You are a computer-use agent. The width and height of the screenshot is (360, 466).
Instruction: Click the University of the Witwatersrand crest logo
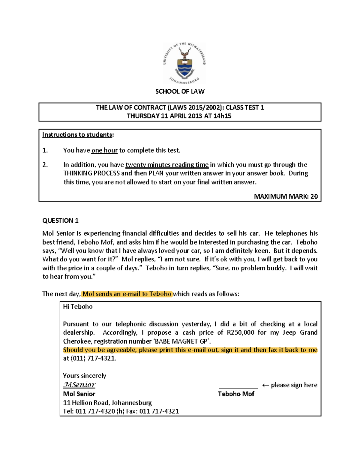point(184,63)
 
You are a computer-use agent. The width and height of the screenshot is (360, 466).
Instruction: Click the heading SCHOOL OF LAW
point(180,92)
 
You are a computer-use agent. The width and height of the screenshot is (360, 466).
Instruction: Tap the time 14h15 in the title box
point(222,116)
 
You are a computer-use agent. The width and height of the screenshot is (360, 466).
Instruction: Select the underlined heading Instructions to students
point(78,135)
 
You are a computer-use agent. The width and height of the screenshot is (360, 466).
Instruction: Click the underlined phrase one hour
point(104,150)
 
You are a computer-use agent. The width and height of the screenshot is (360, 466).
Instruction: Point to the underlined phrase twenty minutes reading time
point(167,165)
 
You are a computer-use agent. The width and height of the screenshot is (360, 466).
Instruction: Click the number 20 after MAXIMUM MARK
point(314,197)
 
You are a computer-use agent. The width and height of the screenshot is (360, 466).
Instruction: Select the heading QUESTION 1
point(60,221)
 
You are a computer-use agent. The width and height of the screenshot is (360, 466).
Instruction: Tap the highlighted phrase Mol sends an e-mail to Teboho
point(127,294)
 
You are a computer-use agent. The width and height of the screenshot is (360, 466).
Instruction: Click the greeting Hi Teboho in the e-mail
point(78,307)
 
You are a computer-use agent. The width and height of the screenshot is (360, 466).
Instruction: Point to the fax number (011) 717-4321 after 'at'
point(93,358)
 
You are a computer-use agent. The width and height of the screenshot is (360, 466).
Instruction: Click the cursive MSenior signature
point(79,385)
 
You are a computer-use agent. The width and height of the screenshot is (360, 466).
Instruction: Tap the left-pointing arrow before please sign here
point(265,385)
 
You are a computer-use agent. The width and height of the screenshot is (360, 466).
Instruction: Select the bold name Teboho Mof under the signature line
point(236,394)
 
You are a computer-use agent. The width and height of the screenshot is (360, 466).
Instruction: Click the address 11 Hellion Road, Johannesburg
point(107,403)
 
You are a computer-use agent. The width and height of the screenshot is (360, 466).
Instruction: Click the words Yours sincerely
point(85,376)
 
